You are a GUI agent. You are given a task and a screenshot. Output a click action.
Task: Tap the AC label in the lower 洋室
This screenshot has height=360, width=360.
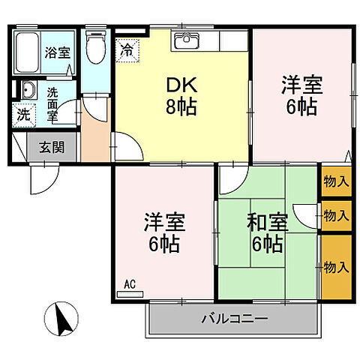129,284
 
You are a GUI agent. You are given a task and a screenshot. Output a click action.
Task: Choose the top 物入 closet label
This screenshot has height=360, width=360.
336,181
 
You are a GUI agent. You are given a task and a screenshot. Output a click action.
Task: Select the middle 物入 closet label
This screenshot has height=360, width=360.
336,216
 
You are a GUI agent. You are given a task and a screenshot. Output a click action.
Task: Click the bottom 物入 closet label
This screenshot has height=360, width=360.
336,266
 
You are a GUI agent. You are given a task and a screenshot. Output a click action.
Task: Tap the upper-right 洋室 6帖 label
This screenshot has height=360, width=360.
302,94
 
